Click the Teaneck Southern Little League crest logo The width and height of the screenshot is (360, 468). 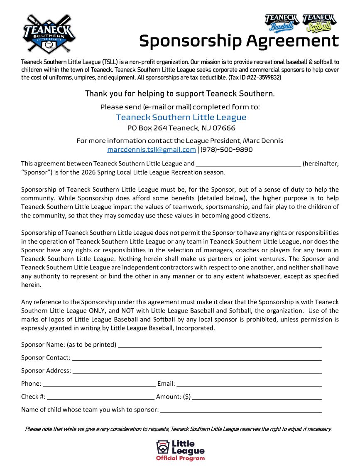49,34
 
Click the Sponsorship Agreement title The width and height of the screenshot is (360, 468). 239,41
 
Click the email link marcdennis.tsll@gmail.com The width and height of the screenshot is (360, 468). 151,150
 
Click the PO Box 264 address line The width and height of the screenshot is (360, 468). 181,128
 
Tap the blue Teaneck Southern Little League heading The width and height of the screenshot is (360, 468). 181,117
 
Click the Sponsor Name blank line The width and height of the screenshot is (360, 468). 220,346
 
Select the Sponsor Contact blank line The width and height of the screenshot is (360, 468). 197,359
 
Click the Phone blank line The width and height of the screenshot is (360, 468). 99,385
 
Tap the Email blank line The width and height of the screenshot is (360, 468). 249,385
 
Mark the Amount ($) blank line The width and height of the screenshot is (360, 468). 257,398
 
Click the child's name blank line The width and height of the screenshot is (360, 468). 241,411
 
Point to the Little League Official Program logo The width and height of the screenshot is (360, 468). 181,451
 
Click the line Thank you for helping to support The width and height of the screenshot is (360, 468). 180,94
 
